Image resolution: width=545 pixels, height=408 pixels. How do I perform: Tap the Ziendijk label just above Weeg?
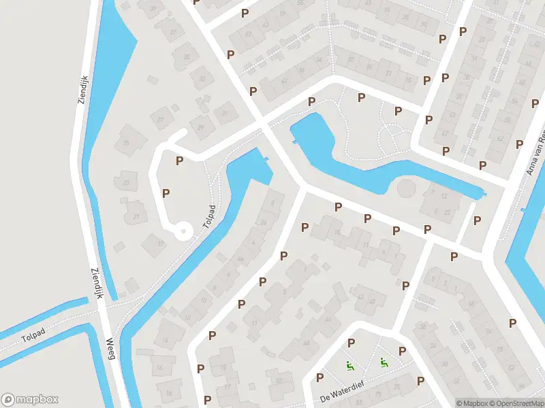(95, 282)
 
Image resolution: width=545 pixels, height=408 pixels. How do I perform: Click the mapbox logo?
(31, 400)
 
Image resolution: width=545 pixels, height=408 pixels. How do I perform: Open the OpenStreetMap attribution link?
(518, 403)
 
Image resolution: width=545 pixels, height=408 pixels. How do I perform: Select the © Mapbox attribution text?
(473, 403)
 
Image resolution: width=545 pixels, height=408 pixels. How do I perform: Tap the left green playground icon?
(350, 366)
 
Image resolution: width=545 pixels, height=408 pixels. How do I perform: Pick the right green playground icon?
(384, 362)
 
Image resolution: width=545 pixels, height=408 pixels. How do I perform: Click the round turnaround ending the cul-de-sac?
(183, 232)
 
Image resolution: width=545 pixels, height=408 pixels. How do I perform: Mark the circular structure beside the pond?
(405, 188)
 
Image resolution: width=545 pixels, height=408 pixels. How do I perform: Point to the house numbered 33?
(202, 78)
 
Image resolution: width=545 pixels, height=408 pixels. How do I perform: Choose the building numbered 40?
(369, 296)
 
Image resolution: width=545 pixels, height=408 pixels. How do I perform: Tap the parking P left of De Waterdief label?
(320, 377)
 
